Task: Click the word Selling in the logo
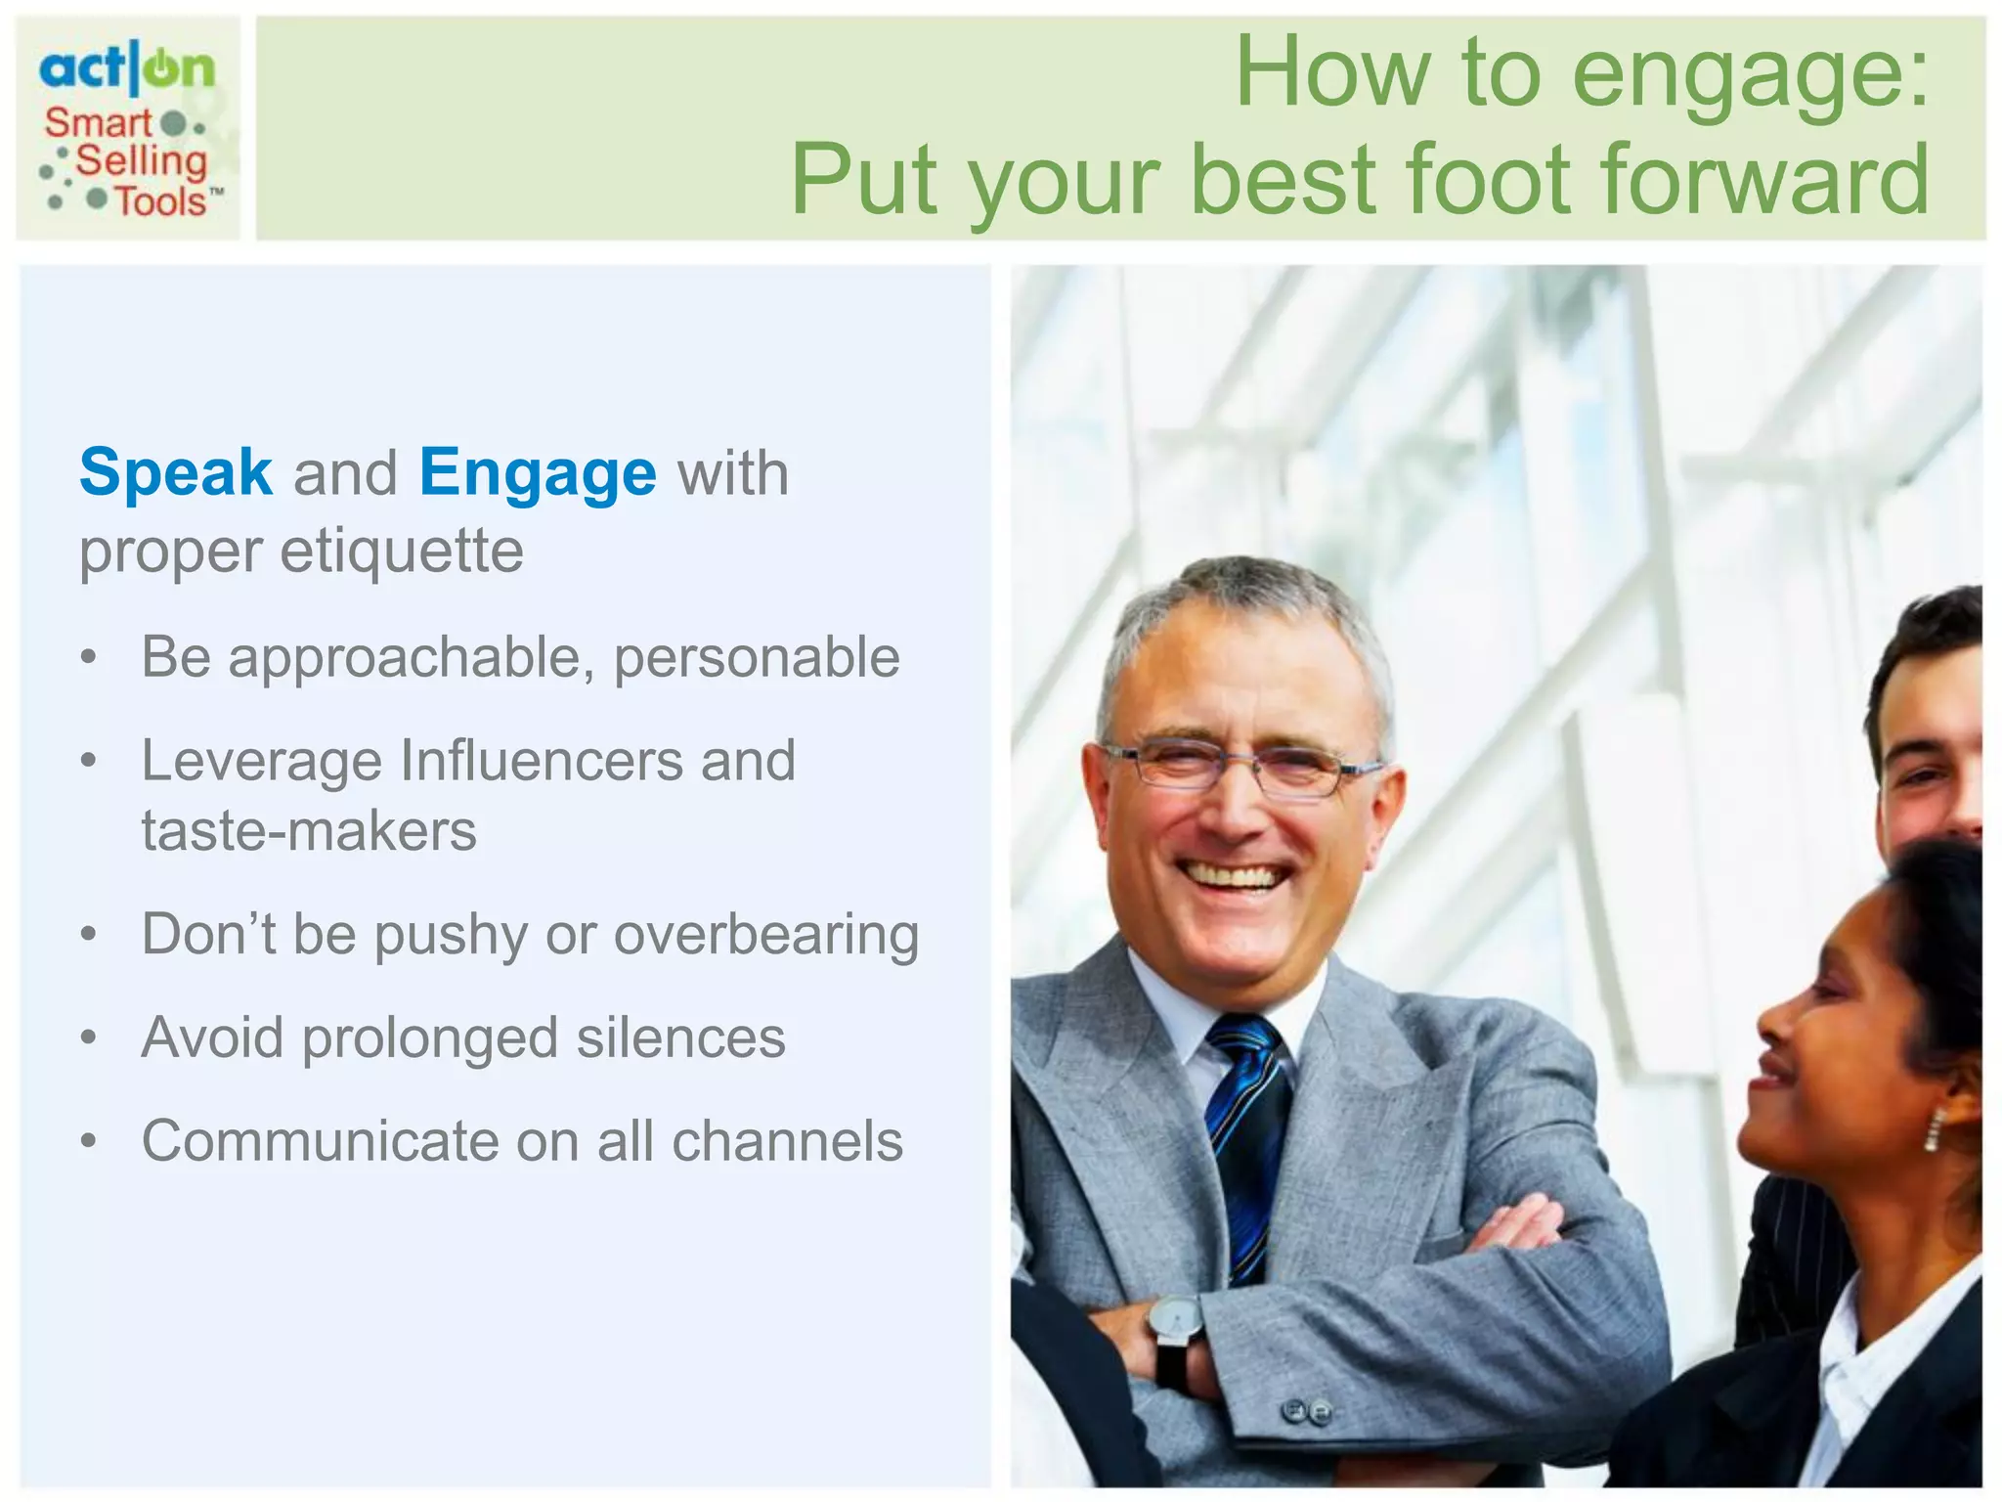(x=142, y=161)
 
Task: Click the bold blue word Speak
(x=176, y=473)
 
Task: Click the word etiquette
(x=402, y=552)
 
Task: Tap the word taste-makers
(x=309, y=831)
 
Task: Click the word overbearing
(x=766, y=936)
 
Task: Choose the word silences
(x=680, y=1038)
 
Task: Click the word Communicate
(x=320, y=1141)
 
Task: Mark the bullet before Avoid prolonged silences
(x=89, y=1038)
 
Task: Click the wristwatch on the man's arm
(x=1175, y=1320)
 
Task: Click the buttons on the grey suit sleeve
(x=1306, y=1412)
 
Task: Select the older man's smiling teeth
(x=1234, y=876)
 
